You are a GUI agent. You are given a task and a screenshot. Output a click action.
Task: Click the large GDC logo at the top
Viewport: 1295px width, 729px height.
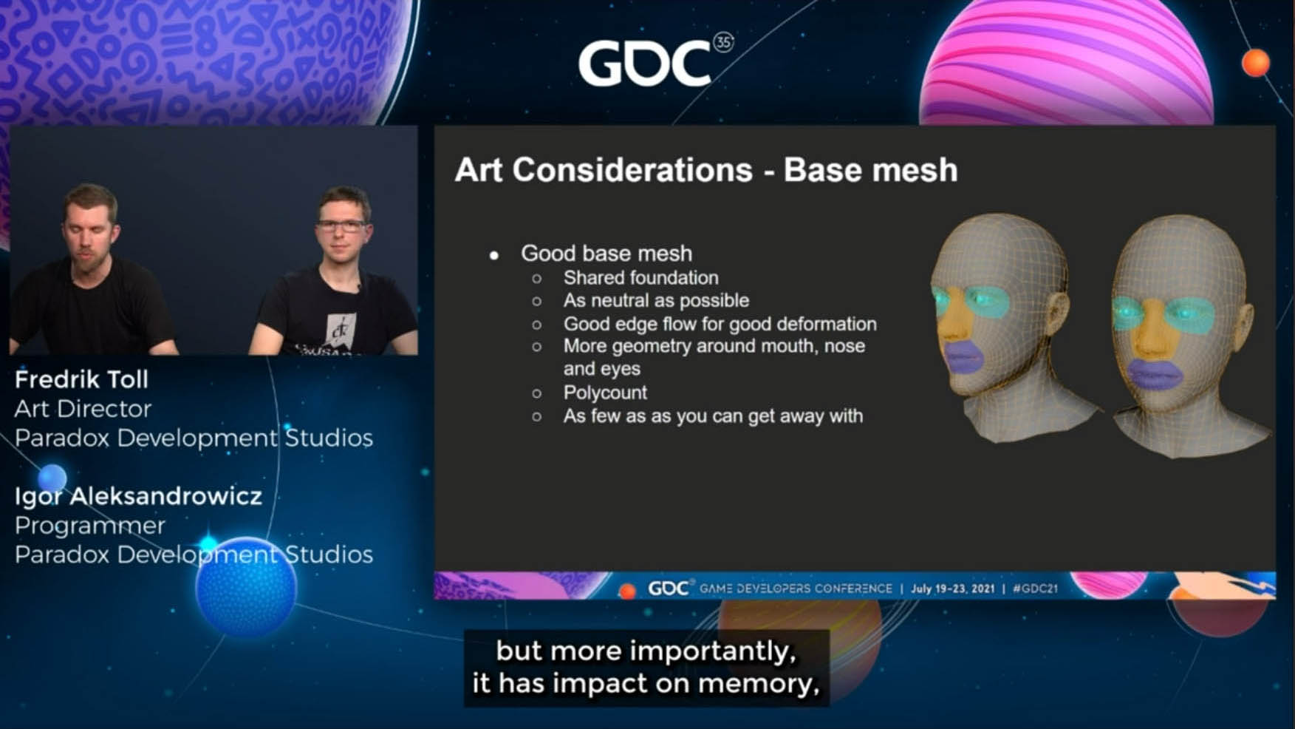[x=655, y=61]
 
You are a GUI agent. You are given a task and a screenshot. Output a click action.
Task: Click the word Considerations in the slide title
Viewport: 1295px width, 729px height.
[x=632, y=170]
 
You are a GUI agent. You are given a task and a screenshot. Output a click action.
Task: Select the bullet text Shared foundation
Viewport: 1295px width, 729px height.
[x=640, y=278]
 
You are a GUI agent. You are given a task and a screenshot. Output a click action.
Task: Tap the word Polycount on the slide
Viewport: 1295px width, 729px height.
[x=605, y=393]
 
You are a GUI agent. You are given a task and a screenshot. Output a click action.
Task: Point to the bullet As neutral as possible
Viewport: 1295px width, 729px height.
[x=656, y=301]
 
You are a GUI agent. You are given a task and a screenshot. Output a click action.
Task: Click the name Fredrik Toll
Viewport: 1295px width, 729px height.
[x=81, y=379]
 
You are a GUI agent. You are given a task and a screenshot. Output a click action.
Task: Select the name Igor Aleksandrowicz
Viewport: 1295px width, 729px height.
[x=138, y=496]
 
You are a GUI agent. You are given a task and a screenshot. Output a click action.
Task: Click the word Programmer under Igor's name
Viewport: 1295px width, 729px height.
[x=89, y=526]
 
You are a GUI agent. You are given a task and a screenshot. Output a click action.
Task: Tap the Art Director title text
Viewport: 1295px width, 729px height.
[x=83, y=409]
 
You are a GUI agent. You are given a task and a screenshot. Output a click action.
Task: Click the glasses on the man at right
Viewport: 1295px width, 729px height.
[x=342, y=226]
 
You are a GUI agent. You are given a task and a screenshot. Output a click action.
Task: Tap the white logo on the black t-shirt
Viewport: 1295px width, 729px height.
[x=340, y=328]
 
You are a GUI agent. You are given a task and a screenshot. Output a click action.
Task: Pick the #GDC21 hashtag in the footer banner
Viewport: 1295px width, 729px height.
[x=1035, y=589]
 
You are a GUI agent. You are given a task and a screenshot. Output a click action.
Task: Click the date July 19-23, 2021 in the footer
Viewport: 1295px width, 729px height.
[x=952, y=589]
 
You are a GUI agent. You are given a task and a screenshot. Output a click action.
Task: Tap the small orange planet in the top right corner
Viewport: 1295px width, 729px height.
[x=1256, y=63]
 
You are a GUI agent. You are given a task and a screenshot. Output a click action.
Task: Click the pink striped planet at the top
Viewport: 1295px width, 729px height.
[x=1067, y=63]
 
